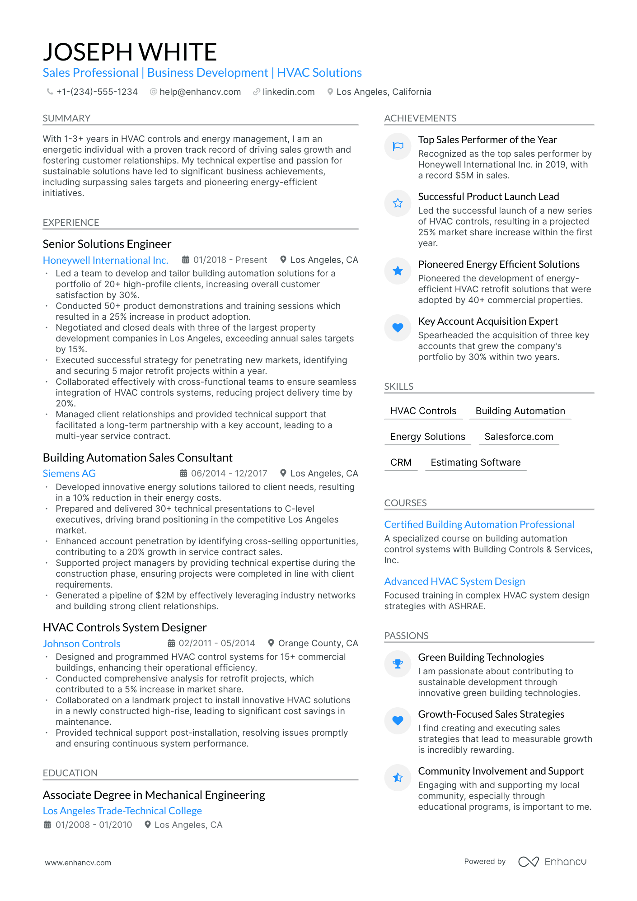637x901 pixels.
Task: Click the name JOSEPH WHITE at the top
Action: pyautogui.click(x=130, y=52)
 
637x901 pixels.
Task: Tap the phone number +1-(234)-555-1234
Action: pyautogui.click(x=97, y=92)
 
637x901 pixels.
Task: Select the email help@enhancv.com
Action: pyautogui.click(x=200, y=92)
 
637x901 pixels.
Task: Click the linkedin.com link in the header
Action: pyautogui.click(x=288, y=92)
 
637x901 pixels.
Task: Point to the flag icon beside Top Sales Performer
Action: pyautogui.click(x=398, y=146)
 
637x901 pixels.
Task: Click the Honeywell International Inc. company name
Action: pyautogui.click(x=105, y=260)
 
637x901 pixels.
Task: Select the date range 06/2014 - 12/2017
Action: pyautogui.click(x=229, y=473)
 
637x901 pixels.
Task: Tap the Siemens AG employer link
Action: pyautogui.click(x=69, y=473)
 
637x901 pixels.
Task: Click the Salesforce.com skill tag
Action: pyautogui.click(x=519, y=437)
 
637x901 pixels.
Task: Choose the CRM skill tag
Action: pyautogui.click(x=401, y=462)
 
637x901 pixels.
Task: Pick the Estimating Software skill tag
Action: pyautogui.click(x=475, y=462)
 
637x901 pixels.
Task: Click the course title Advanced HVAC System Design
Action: pyautogui.click(x=454, y=581)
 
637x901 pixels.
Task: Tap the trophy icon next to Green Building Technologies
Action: pyautogui.click(x=398, y=663)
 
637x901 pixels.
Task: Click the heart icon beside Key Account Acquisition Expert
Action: pyautogui.click(x=398, y=327)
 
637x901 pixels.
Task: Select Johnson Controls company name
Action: pyautogui.click(x=82, y=644)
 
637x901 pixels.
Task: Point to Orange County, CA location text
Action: pyautogui.click(x=318, y=643)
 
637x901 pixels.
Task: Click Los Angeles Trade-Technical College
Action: pyautogui.click(x=122, y=811)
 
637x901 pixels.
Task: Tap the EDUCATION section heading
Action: pyautogui.click(x=70, y=773)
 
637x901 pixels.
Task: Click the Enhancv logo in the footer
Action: pyautogui.click(x=552, y=862)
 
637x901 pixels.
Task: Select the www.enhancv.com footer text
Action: pyautogui.click(x=78, y=863)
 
